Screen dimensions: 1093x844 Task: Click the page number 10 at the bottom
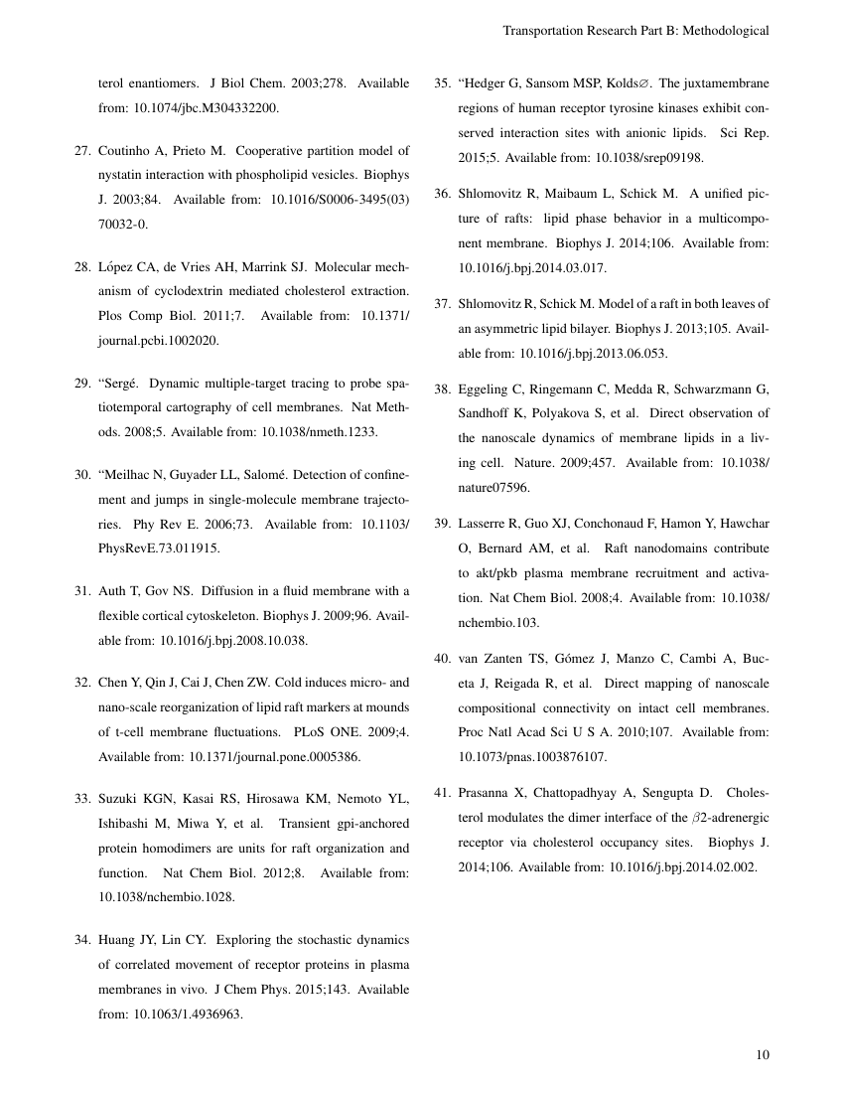coord(762,1055)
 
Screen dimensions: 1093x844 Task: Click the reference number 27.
coord(82,151)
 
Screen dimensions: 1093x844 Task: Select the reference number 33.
coord(82,797)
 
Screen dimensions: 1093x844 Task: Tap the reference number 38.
coord(442,388)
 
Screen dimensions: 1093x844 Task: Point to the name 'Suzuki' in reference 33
coord(120,797)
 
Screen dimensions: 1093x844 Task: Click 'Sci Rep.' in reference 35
coord(744,131)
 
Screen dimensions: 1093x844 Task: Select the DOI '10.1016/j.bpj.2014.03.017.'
coord(532,267)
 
